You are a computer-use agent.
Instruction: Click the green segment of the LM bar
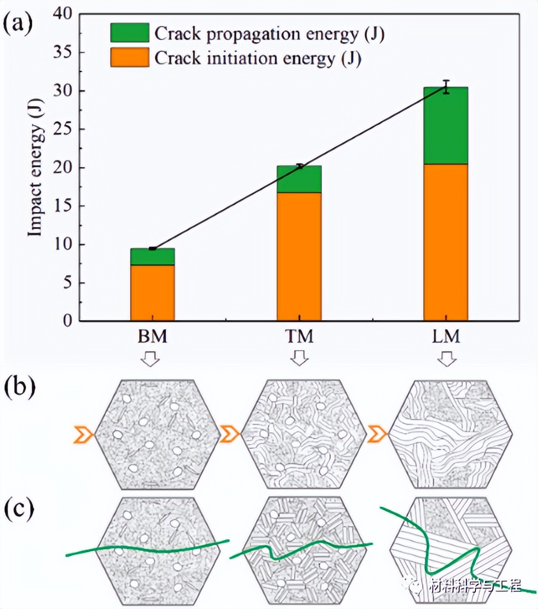[446, 126]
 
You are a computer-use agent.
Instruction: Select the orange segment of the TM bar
[299, 257]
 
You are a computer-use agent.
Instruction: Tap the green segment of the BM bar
[153, 257]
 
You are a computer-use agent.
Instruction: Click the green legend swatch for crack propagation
[130, 33]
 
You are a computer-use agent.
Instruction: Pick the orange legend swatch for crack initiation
[130, 57]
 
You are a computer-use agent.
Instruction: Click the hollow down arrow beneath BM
[152, 360]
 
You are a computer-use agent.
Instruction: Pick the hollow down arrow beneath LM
[447, 360]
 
